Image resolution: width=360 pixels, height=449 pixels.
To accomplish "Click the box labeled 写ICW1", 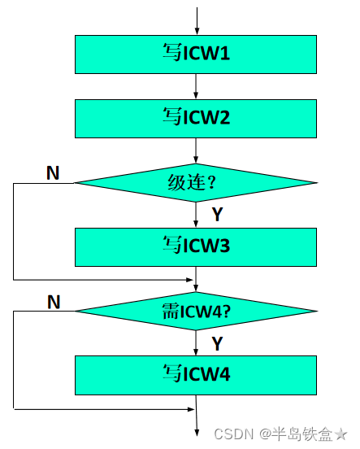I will point(196,54).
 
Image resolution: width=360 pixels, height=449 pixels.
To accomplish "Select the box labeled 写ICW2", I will point(196,118).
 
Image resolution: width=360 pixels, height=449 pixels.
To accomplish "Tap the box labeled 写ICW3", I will point(196,246).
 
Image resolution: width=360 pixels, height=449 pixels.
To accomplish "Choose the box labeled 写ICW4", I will point(196,375).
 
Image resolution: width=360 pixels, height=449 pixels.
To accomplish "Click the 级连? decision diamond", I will point(196,182).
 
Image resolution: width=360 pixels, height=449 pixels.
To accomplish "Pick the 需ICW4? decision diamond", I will point(196,311).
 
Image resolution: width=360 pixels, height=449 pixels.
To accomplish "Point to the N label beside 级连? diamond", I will point(53,172).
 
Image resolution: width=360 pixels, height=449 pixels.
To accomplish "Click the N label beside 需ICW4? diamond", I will point(54,302).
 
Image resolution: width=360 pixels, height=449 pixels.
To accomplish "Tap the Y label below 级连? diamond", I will point(217,215).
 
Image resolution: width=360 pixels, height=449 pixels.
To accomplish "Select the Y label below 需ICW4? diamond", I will point(217,343).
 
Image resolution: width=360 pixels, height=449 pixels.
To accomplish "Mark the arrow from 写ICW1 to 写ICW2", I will point(196,86).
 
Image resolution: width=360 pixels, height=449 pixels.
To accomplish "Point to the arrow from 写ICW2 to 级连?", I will point(196,150).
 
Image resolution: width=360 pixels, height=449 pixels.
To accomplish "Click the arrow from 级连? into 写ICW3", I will point(196,215).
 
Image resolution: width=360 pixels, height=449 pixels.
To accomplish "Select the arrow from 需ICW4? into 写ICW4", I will point(196,342).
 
